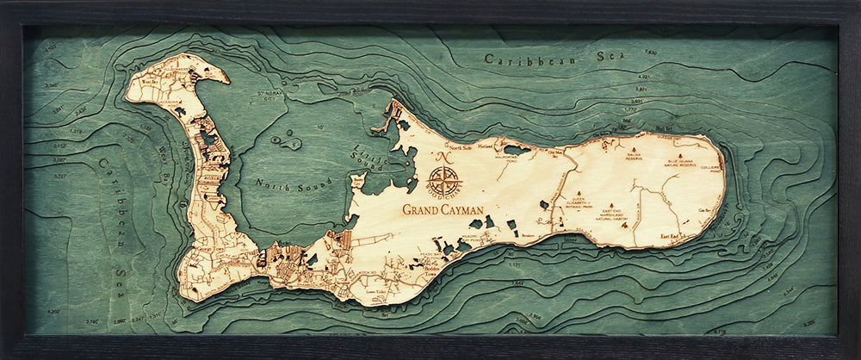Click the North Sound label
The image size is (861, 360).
[280, 183]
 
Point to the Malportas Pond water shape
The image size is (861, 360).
[517, 149]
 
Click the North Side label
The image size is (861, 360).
[438, 147]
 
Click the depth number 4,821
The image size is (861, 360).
[643, 77]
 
